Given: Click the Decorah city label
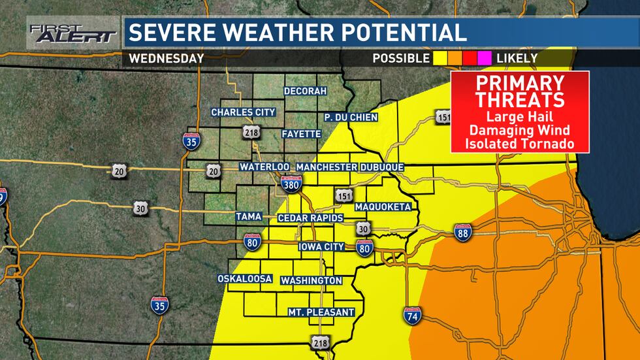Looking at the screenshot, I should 304,91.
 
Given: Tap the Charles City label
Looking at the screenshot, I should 243,112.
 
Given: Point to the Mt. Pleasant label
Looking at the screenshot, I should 321,312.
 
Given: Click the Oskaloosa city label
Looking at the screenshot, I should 245,279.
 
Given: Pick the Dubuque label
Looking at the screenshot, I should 382,167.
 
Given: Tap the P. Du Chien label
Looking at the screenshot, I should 348,117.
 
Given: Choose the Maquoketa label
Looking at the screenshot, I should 383,207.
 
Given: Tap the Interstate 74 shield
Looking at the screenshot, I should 412,316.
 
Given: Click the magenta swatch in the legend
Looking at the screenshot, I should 486,58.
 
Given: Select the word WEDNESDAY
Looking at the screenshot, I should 167,58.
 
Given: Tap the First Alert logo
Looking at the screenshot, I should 72,33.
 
